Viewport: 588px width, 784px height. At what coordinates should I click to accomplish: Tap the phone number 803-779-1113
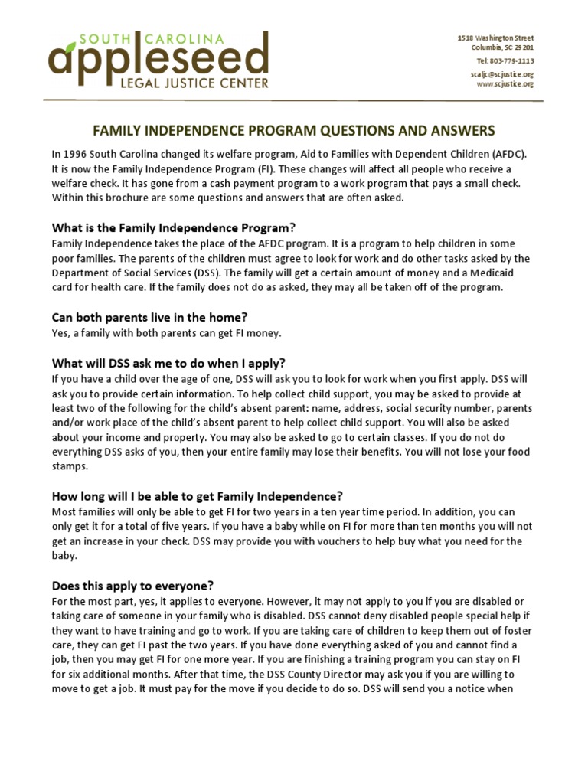pyautogui.click(x=505, y=60)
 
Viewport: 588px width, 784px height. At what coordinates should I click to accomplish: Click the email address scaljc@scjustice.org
pyautogui.click(x=501, y=74)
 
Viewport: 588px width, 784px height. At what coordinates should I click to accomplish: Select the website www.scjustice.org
pyautogui.click(x=505, y=84)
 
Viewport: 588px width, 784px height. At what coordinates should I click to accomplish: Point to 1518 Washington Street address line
pyautogui.click(x=495, y=38)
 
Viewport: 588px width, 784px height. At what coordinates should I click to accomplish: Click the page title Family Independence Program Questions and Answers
pyautogui.click(x=294, y=131)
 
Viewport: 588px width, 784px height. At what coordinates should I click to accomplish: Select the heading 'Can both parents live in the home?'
pyautogui.click(x=149, y=317)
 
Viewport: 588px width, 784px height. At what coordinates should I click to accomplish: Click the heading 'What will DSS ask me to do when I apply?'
pyautogui.click(x=168, y=363)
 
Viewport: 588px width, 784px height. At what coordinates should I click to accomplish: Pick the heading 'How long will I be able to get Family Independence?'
pyautogui.click(x=197, y=495)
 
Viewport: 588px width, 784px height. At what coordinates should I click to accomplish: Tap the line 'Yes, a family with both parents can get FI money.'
pyautogui.click(x=166, y=332)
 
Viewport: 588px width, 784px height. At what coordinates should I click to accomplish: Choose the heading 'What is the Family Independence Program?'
pyautogui.click(x=173, y=227)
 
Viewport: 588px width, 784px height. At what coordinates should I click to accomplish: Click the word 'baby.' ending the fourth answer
pyautogui.click(x=64, y=555)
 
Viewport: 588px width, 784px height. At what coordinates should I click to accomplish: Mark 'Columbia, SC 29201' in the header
pyautogui.click(x=501, y=47)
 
